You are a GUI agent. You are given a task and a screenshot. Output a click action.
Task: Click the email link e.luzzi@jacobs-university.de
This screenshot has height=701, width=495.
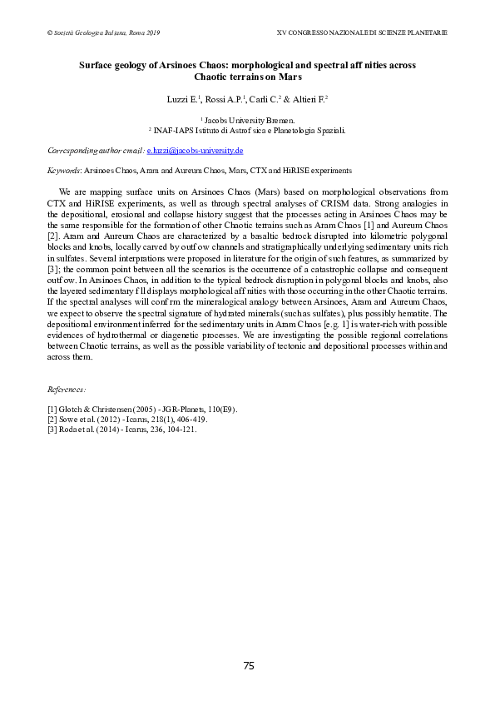[x=195, y=151]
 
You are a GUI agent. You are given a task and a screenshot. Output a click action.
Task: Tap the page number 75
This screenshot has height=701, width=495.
[x=248, y=665]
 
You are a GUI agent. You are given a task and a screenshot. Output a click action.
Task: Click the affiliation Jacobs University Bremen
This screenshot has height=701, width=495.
[x=249, y=121]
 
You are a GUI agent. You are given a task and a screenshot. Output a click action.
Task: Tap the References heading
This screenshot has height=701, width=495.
[x=67, y=389]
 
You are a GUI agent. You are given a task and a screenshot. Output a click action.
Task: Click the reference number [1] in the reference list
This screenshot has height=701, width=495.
[x=52, y=409]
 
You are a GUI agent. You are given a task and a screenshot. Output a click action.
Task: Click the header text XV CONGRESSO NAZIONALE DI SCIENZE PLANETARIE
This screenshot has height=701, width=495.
[x=361, y=32]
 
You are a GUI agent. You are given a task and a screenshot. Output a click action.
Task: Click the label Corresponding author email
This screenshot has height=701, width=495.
[x=95, y=151]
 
